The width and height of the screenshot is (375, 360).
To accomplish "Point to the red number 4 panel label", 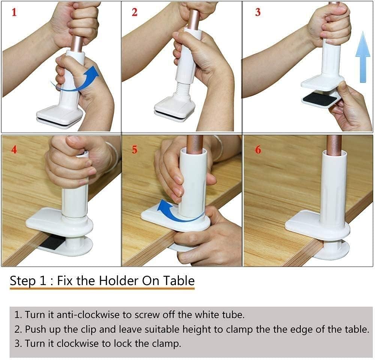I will coord(14,149).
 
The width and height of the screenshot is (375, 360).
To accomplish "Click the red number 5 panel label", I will coord(134,150).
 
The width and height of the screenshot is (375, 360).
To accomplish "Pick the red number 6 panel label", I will coord(258,149).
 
